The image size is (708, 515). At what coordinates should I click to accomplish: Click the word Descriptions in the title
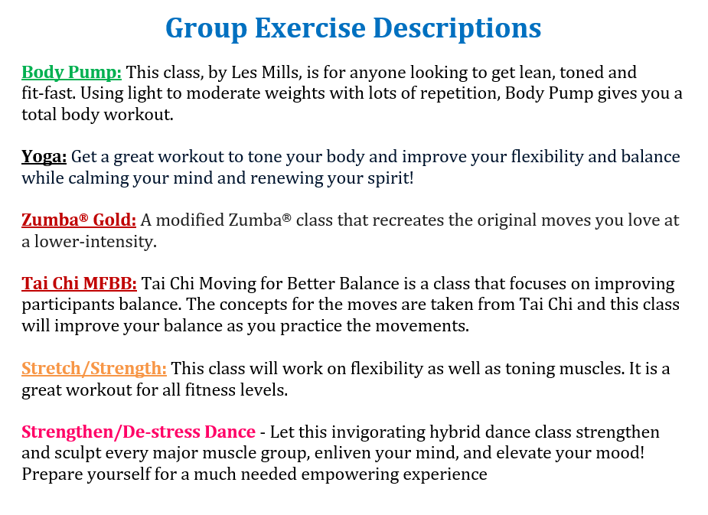[x=457, y=28]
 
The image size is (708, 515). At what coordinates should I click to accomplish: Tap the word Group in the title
[x=207, y=28]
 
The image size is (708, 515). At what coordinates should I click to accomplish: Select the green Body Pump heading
[x=71, y=72]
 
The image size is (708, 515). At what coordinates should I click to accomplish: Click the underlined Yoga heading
[x=44, y=157]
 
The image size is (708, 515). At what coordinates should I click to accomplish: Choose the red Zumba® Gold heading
[x=79, y=220]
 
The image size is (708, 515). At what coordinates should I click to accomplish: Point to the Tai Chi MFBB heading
[x=79, y=283]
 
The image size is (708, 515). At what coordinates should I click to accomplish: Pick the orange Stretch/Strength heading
[x=94, y=369]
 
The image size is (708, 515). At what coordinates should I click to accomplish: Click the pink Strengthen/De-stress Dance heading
[x=139, y=432]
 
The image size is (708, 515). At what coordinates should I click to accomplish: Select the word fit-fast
[x=49, y=93]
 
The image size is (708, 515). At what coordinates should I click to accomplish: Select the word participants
[x=67, y=305]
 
